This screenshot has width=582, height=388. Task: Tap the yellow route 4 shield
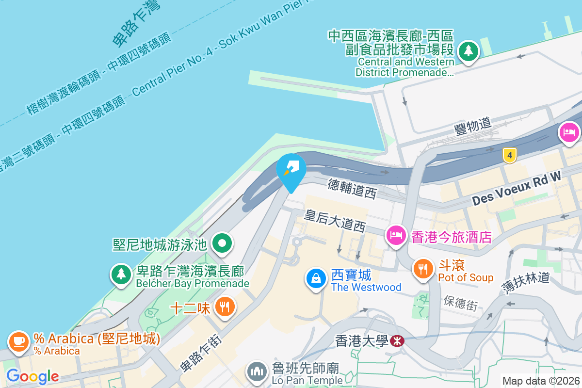coord(509,156)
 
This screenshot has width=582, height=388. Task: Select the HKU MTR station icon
coord(396,341)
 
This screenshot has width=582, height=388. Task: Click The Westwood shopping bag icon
coord(316,278)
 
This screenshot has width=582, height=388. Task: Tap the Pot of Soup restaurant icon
coord(423,269)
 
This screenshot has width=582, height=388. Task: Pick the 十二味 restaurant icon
coord(225,307)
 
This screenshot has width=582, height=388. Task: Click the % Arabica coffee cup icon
coord(18,341)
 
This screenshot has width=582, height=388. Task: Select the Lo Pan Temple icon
coord(257,372)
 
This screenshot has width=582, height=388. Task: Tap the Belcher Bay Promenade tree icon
coord(121,274)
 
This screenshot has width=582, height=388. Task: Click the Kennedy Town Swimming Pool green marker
coord(223,243)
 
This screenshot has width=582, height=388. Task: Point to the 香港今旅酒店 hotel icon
coord(396,235)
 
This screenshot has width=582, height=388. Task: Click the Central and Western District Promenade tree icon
coord(469,50)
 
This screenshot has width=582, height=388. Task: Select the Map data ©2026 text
coord(540,381)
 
